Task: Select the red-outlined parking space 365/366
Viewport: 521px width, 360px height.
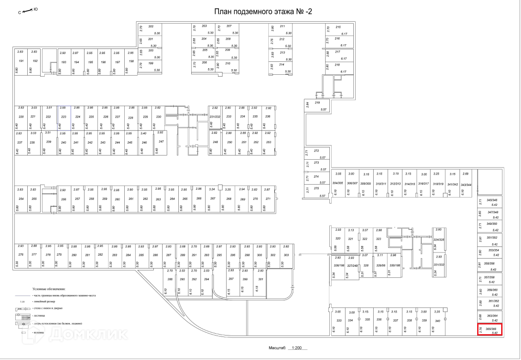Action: click(x=490, y=330)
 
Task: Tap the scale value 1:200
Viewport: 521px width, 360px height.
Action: click(x=297, y=349)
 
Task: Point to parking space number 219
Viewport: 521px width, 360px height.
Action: click(x=317, y=103)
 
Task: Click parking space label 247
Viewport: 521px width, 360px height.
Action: click(x=161, y=142)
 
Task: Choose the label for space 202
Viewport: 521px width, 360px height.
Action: click(x=151, y=27)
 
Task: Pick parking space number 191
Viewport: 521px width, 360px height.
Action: click(x=21, y=61)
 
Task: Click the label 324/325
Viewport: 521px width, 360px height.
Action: click(x=439, y=240)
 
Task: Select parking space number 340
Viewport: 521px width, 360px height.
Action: click(x=437, y=320)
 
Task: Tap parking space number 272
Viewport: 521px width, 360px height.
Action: click(x=316, y=151)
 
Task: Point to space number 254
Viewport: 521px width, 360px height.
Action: click(x=21, y=198)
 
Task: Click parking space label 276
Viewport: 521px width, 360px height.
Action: click(x=21, y=255)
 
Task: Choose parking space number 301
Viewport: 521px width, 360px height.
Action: click(x=260, y=279)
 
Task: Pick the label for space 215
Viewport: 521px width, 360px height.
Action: click(x=338, y=27)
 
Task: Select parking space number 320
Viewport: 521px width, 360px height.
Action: click(x=338, y=239)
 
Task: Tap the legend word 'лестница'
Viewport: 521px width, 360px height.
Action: click(x=39, y=316)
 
